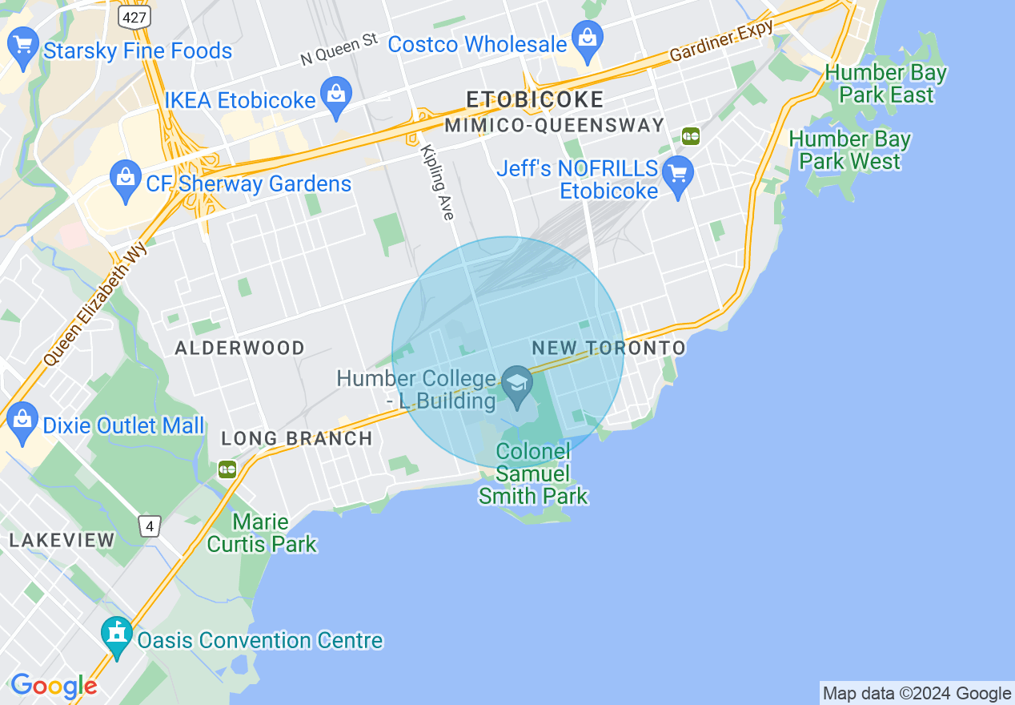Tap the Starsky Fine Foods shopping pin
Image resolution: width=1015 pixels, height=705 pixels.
point(22,46)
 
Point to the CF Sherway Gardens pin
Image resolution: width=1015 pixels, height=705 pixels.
point(126,180)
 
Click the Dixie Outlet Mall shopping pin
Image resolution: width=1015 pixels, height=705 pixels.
point(22,422)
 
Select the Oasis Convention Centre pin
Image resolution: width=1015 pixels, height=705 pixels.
point(118,637)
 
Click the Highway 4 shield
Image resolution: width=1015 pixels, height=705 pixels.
point(150,526)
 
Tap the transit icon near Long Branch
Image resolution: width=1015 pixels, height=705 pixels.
point(227,469)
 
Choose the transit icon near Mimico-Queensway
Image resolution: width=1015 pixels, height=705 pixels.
point(691,136)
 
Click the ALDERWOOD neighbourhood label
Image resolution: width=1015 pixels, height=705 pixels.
point(239,348)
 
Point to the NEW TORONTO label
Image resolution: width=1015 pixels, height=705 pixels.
point(609,348)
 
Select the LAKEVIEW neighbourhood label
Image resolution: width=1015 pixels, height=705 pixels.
point(62,541)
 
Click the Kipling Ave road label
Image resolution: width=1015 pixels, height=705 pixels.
point(438,182)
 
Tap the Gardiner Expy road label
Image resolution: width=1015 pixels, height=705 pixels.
point(721,42)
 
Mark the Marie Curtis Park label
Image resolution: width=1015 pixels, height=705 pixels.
point(262,534)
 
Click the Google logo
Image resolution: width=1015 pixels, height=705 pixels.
point(54,686)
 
